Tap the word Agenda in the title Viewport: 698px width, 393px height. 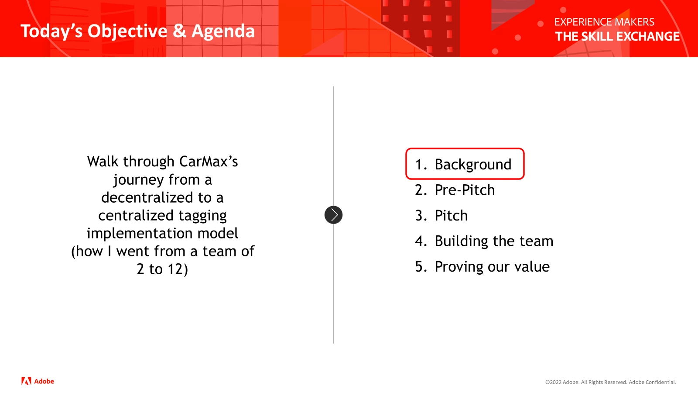tap(223, 31)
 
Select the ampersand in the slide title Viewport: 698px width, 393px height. tap(179, 31)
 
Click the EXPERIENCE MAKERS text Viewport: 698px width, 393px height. tap(604, 22)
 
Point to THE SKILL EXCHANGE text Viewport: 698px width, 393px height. tap(617, 37)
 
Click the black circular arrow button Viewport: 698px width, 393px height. tap(333, 215)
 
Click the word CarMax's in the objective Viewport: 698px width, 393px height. tap(209, 162)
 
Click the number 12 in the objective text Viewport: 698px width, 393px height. tap(175, 269)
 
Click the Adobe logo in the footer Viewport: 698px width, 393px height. tap(38, 381)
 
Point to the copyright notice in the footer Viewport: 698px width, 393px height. tap(610, 382)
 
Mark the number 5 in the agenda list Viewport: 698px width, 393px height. tap(419, 267)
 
